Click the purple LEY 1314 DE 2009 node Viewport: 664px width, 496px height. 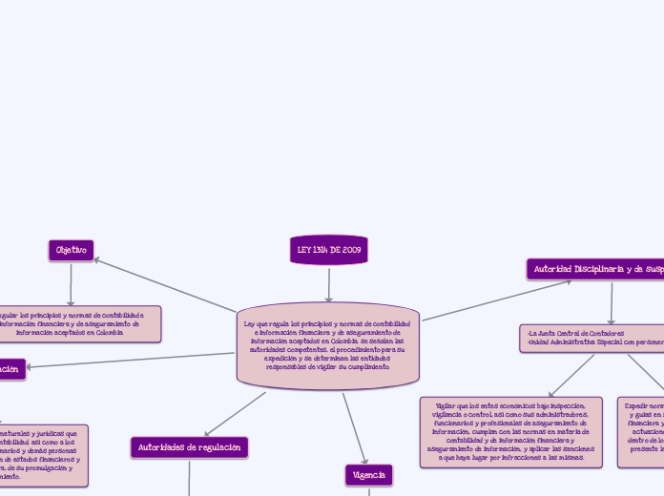tap(328, 250)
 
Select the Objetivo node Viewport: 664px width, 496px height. tap(71, 250)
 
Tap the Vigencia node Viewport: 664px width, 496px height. tap(368, 474)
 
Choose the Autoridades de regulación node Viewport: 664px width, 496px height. tap(189, 446)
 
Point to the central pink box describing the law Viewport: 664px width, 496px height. tap(328, 345)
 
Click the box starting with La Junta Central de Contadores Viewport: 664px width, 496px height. tap(591, 338)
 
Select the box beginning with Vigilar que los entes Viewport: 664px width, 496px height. tap(510, 432)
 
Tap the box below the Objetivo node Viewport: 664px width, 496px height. tap(76, 323)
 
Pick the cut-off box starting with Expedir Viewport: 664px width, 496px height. tap(641, 432)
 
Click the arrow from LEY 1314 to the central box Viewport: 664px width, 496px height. tap(328, 284)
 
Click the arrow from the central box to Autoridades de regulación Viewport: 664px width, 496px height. tap(235, 414)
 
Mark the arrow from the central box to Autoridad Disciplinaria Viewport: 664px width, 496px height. tap(496, 300)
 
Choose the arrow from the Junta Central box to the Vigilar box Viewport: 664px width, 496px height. tap(571, 375)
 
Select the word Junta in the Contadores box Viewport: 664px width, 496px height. tap(550, 333)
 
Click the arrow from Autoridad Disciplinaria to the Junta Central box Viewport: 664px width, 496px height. tap(612, 303)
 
